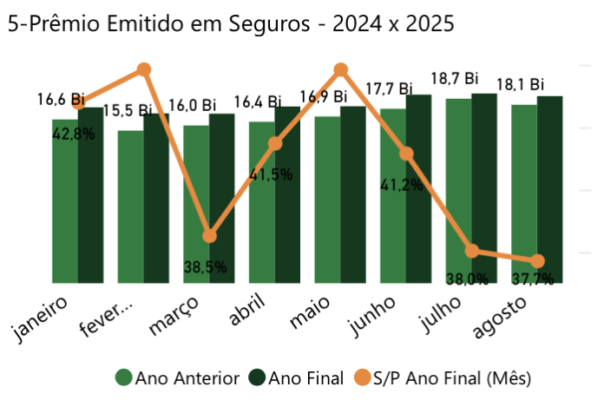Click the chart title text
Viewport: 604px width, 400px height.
click(230, 23)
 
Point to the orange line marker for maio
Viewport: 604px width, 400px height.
click(341, 69)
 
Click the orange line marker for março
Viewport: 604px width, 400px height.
click(209, 235)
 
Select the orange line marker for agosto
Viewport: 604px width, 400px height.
click(537, 261)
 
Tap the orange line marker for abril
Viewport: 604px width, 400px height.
click(275, 143)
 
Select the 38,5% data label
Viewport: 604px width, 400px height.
click(205, 267)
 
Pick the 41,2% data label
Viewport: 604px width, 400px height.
click(401, 184)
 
